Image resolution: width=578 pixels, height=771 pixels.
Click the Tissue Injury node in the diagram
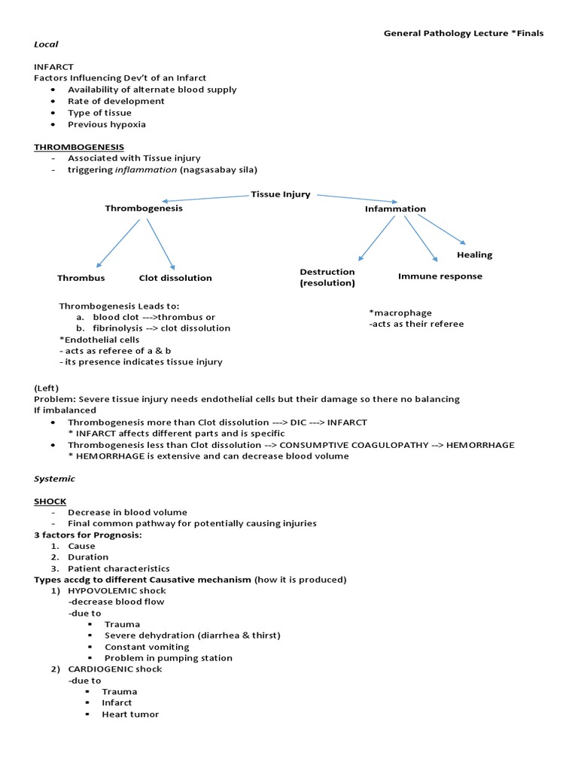[280, 194]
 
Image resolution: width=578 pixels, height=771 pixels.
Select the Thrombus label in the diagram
[81, 278]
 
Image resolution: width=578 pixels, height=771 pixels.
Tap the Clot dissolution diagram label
[175, 278]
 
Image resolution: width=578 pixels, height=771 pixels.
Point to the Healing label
[474, 254]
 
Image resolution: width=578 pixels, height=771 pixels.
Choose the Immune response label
[440, 276]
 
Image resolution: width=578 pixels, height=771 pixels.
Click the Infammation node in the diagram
[395, 209]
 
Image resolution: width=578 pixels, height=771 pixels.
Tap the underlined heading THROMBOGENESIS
[79, 147]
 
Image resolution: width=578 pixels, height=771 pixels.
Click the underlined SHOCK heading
[50, 501]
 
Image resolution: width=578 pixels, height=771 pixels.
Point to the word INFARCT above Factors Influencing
[53, 66]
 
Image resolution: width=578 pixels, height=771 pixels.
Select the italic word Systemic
[54, 478]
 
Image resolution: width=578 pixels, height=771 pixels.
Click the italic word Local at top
[46, 44]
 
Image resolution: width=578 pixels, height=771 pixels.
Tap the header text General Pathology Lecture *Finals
[464, 33]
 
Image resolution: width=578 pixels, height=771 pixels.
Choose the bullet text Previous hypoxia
[107, 124]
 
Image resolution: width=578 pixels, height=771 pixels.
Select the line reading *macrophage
[400, 312]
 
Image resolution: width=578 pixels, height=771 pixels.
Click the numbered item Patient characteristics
[118, 568]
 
